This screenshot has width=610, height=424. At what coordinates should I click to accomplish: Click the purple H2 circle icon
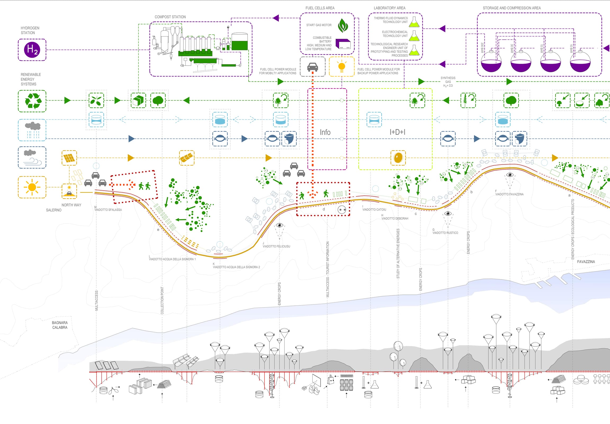pyautogui.click(x=32, y=50)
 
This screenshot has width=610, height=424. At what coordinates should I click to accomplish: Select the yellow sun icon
pyautogui.click(x=32, y=187)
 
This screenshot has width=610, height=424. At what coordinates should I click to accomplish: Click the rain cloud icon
pyautogui.click(x=32, y=130)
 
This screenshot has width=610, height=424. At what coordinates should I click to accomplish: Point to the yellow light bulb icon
pyautogui.click(x=342, y=67)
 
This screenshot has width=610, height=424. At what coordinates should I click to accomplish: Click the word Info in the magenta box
pyautogui.click(x=325, y=132)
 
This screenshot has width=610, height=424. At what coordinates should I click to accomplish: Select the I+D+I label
pyautogui.click(x=397, y=132)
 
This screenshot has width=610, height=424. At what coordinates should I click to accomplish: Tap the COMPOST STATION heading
pyautogui.click(x=170, y=17)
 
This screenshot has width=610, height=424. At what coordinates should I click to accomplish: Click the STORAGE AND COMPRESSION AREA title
pyautogui.click(x=512, y=8)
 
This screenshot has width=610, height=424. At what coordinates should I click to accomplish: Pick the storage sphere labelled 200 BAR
pyautogui.click(x=491, y=62)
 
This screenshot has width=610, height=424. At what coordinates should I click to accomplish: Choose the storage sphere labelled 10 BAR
pyautogui.click(x=580, y=62)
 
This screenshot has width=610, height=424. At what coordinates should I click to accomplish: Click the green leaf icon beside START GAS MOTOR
pyautogui.click(x=343, y=25)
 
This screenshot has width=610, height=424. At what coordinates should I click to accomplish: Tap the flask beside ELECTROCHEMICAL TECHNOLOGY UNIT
pyautogui.click(x=414, y=36)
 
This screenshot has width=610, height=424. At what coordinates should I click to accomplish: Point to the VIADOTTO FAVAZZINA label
pyautogui.click(x=509, y=194)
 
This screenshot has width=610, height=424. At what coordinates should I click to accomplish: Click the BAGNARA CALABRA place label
pyautogui.click(x=60, y=325)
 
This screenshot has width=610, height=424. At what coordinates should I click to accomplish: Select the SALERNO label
pyautogui.click(x=54, y=210)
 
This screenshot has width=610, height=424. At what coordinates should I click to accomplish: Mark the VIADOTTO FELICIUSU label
pyautogui.click(x=276, y=246)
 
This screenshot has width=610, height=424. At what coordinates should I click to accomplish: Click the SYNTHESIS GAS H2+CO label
pyautogui.click(x=448, y=82)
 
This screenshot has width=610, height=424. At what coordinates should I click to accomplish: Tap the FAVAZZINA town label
pyautogui.click(x=586, y=262)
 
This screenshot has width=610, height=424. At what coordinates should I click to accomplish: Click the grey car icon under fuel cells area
pyautogui.click(x=312, y=67)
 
